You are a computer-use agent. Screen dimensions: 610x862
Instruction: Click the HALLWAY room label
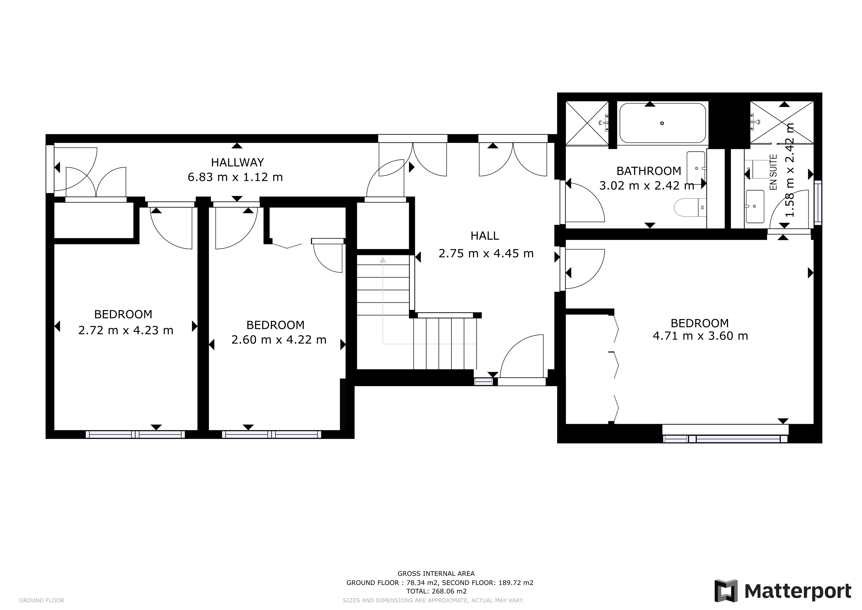pyautogui.click(x=237, y=162)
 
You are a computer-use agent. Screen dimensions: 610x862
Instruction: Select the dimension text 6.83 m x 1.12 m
pyautogui.click(x=235, y=177)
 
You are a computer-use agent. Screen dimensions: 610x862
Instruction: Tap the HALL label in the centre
pyautogui.click(x=485, y=236)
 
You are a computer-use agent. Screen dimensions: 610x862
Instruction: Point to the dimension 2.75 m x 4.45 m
pyautogui.click(x=486, y=253)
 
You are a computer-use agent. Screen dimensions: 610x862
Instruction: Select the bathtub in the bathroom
pyautogui.click(x=662, y=123)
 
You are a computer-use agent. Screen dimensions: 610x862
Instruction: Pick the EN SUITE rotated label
pyautogui.click(x=773, y=172)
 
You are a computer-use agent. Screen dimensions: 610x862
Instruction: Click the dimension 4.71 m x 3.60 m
pyautogui.click(x=700, y=336)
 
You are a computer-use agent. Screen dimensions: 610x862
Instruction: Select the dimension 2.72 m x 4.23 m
pyautogui.click(x=126, y=330)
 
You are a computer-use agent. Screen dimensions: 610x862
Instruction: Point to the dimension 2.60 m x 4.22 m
pyautogui.click(x=279, y=340)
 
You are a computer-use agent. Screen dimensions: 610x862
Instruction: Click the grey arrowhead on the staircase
pyautogui.click(x=382, y=259)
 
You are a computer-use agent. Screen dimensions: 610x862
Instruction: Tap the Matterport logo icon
pyautogui.click(x=726, y=591)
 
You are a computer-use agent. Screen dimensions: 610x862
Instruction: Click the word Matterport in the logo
pyautogui.click(x=798, y=591)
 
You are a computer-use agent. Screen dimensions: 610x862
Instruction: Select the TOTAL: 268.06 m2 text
pyautogui.click(x=436, y=591)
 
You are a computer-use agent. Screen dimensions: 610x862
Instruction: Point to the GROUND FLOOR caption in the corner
pyautogui.click(x=41, y=600)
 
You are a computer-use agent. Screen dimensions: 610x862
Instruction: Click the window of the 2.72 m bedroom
pyautogui.click(x=135, y=435)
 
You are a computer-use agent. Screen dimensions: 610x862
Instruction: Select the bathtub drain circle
pyautogui.click(x=662, y=123)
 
